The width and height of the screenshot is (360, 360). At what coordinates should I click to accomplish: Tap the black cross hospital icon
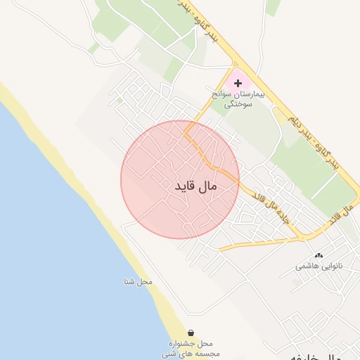click(x=238, y=83)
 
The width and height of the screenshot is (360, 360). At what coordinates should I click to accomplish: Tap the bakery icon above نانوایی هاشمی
click(x=319, y=256)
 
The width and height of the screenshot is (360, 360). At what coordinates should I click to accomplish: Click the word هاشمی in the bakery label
click(x=307, y=266)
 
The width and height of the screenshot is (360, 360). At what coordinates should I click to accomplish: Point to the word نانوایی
click(x=330, y=266)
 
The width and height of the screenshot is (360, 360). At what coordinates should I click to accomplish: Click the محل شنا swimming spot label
click(x=136, y=282)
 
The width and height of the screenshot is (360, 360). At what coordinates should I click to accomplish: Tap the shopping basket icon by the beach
click(x=191, y=333)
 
